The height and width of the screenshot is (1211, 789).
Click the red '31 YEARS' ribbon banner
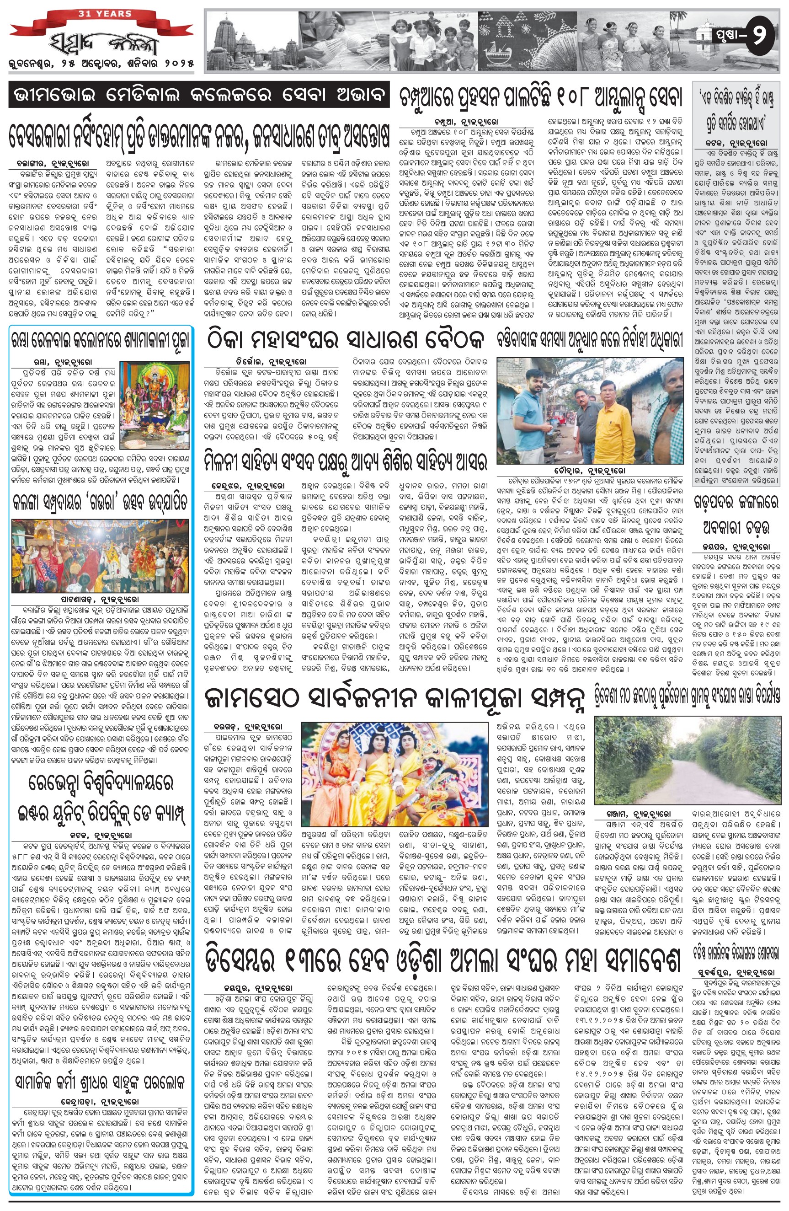pos(105,14)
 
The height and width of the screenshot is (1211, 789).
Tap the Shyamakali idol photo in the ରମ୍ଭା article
pos(155,402)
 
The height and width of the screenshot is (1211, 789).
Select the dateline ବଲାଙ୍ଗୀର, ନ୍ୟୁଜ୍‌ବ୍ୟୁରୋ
pos(52,164)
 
